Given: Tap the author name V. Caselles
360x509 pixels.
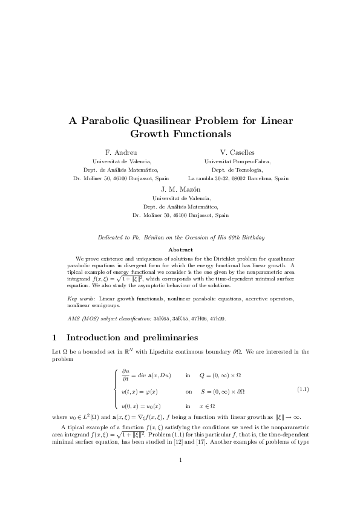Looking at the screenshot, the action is click(238, 152).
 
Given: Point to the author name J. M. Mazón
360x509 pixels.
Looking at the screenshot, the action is click(180, 189).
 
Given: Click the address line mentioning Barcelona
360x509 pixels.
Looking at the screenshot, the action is click(238, 179).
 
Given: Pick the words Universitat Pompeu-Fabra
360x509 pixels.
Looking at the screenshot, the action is click(238, 161).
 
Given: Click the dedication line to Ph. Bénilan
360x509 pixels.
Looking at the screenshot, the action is click(180, 238).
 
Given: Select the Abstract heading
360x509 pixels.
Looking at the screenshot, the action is click(180, 250).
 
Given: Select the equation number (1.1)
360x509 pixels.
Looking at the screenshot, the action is click(303, 390).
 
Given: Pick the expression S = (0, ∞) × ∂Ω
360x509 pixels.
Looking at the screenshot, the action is click(223, 391).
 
